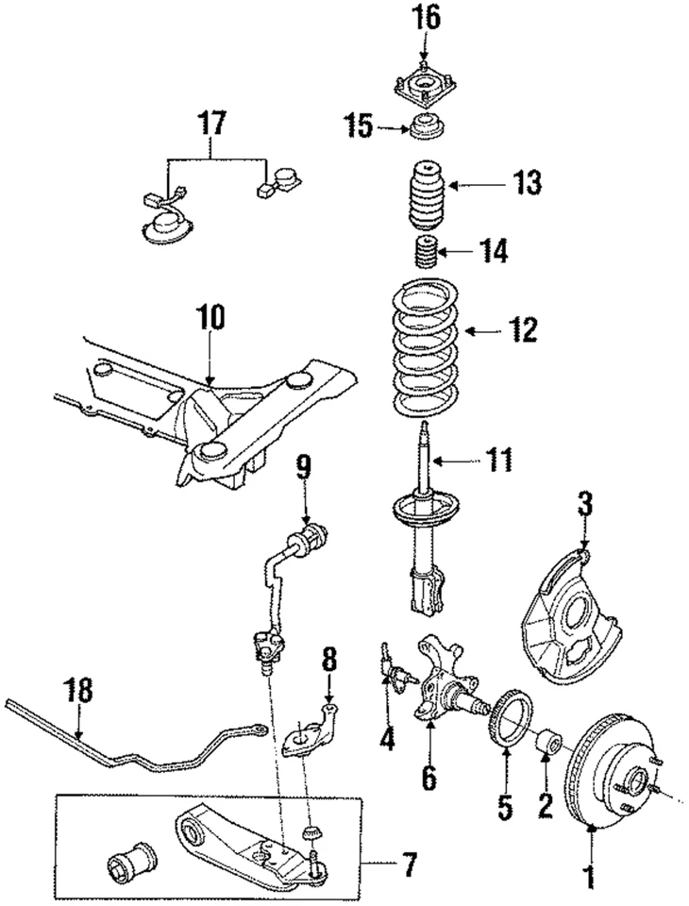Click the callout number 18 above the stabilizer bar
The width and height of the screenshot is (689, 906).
(81, 690)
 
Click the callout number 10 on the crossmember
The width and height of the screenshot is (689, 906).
(210, 318)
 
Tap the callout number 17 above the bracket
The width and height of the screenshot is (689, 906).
(211, 122)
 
